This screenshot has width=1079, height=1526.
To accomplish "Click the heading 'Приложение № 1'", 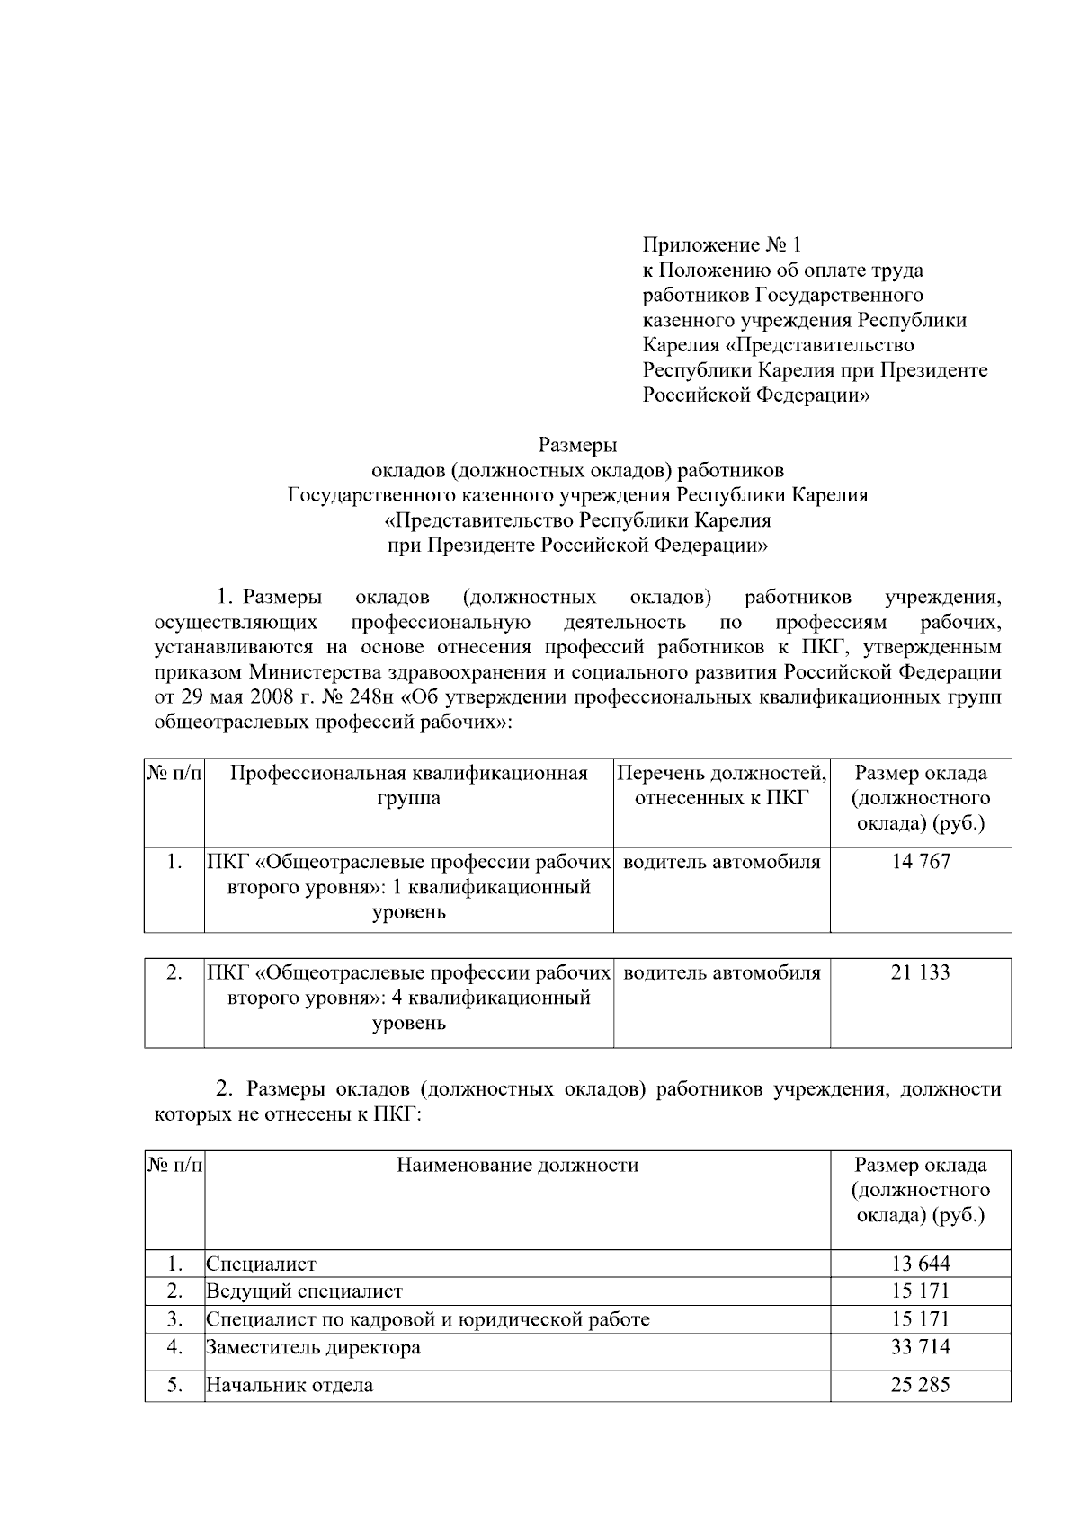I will [721, 244].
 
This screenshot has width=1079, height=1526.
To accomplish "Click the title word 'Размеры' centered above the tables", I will [577, 445].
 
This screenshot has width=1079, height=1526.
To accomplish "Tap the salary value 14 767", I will [920, 862].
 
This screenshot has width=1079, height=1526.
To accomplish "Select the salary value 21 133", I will [920, 972].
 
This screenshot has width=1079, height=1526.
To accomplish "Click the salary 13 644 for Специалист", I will [920, 1264].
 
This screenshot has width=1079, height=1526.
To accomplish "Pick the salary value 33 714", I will [920, 1347].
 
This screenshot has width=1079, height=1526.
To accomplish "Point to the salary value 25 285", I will [920, 1385].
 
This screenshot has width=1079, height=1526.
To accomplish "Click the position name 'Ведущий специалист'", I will [305, 1291].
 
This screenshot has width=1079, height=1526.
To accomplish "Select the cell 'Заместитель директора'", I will [314, 1347].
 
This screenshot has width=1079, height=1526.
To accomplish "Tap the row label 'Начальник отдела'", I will [290, 1385].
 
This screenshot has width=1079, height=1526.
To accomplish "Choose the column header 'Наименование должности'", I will [518, 1166].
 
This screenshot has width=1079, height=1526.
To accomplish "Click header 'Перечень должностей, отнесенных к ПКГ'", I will [722, 785].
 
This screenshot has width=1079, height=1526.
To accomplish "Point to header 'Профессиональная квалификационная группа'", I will [409, 785].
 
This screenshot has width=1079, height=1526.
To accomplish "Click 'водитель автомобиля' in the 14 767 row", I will [722, 862].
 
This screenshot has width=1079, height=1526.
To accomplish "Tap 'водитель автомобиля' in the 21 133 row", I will [722, 972].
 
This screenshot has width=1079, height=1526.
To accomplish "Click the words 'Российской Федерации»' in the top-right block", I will [756, 395].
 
